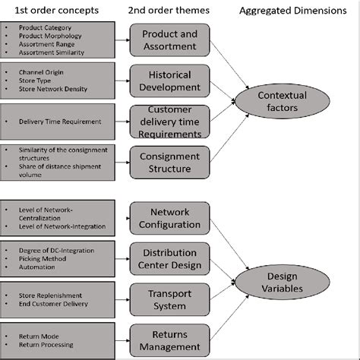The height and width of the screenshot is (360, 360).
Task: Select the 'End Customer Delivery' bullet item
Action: [53, 304]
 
